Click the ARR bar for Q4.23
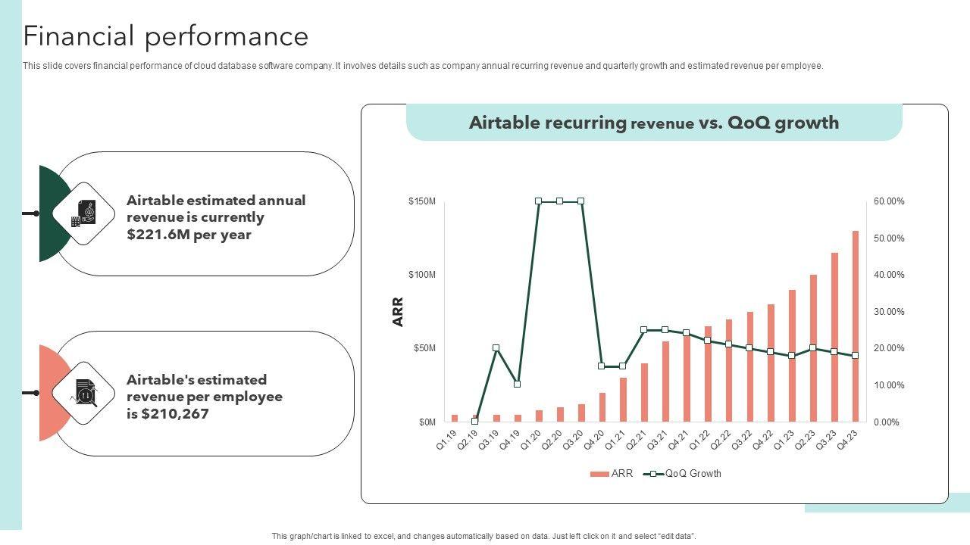pyautogui.click(x=856, y=326)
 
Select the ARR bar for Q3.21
pyautogui.click(x=665, y=381)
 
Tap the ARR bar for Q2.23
pyautogui.click(x=813, y=348)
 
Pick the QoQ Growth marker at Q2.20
pyautogui.click(x=559, y=201)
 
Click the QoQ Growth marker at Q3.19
pyautogui.click(x=496, y=348)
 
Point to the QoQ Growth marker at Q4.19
pyautogui.click(x=517, y=385)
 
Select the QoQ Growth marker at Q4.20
pyautogui.click(x=602, y=366)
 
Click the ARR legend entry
pyautogui.click(x=612, y=474)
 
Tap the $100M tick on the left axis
pyautogui.click(x=422, y=275)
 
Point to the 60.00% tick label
pyautogui.click(x=889, y=201)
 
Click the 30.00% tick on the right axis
pyautogui.click(x=889, y=312)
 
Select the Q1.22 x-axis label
pyautogui.click(x=699, y=440)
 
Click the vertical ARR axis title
pyautogui.click(x=398, y=312)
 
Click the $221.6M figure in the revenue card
pyautogui.click(x=158, y=235)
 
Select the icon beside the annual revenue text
pyautogui.click(x=83, y=213)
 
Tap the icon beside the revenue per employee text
pyautogui.click(x=83, y=393)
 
